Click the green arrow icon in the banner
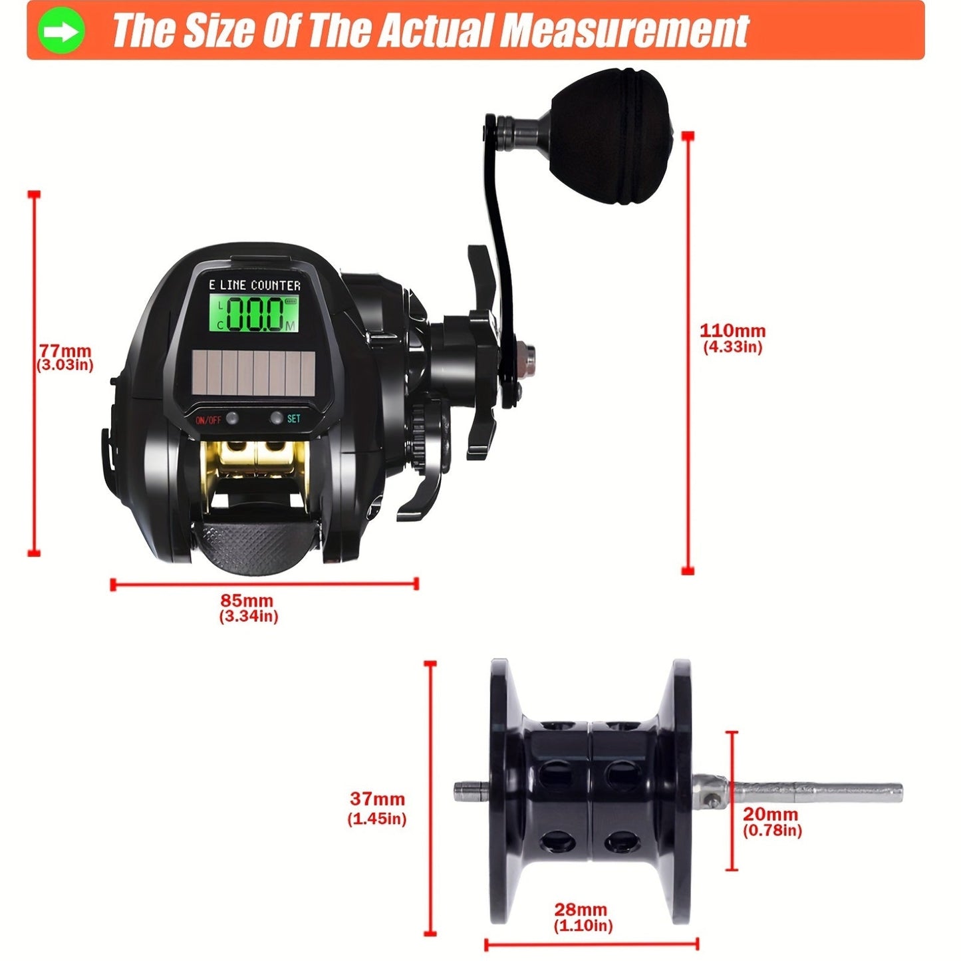tap(61, 31)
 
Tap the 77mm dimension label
tap(65, 350)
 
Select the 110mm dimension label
tap(732, 331)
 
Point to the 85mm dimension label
tap(247, 600)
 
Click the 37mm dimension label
tap(377, 799)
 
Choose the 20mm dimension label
tap(771, 814)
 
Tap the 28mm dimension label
tap(581, 909)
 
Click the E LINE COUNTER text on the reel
tap(255, 285)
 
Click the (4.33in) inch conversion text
tap(732, 347)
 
